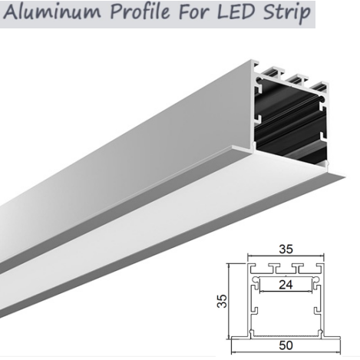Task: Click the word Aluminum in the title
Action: pyautogui.click(x=51, y=12)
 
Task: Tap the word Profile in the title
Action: pyautogui.click(x=140, y=13)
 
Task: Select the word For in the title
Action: pyautogui.click(x=193, y=12)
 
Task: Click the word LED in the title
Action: pyautogui.click(x=236, y=12)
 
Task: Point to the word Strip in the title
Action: pyautogui.click(x=286, y=13)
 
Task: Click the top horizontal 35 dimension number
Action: pyautogui.click(x=286, y=249)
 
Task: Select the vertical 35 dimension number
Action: pyautogui.click(x=222, y=301)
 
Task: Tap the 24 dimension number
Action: pyautogui.click(x=286, y=285)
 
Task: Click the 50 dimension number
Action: pyautogui.click(x=286, y=345)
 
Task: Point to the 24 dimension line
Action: pyautogui.click(x=286, y=291)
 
